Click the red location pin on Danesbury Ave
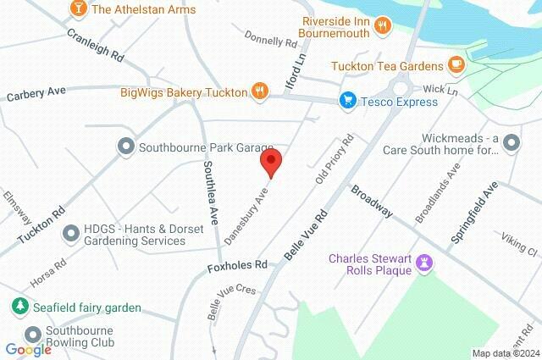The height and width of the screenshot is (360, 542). tap(271, 161)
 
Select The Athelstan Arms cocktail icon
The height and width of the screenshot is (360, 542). tap(79, 9)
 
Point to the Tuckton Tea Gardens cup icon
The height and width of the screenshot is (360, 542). tap(456, 65)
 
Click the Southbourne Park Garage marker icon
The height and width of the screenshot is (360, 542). tap(126, 147)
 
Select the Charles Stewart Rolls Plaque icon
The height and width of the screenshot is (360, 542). tap(426, 266)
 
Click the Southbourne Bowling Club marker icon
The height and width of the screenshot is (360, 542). tap(33, 335)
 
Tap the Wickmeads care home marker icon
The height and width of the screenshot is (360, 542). tap(511, 143)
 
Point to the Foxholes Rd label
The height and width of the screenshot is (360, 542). tap(237, 266)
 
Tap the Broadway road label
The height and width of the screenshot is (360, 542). tap(372, 202)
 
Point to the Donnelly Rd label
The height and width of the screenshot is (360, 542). tap(271, 39)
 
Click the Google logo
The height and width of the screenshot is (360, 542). tap(28, 349)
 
